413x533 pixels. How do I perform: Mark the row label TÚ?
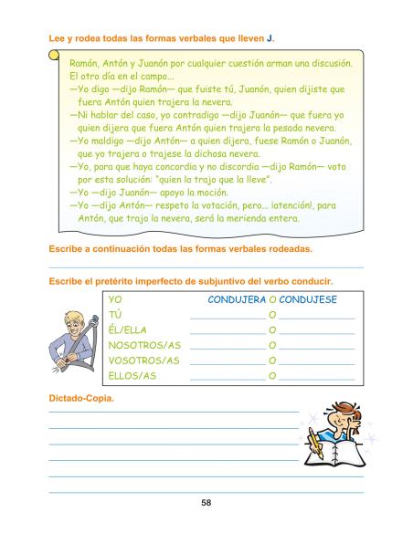pos(115,315)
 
